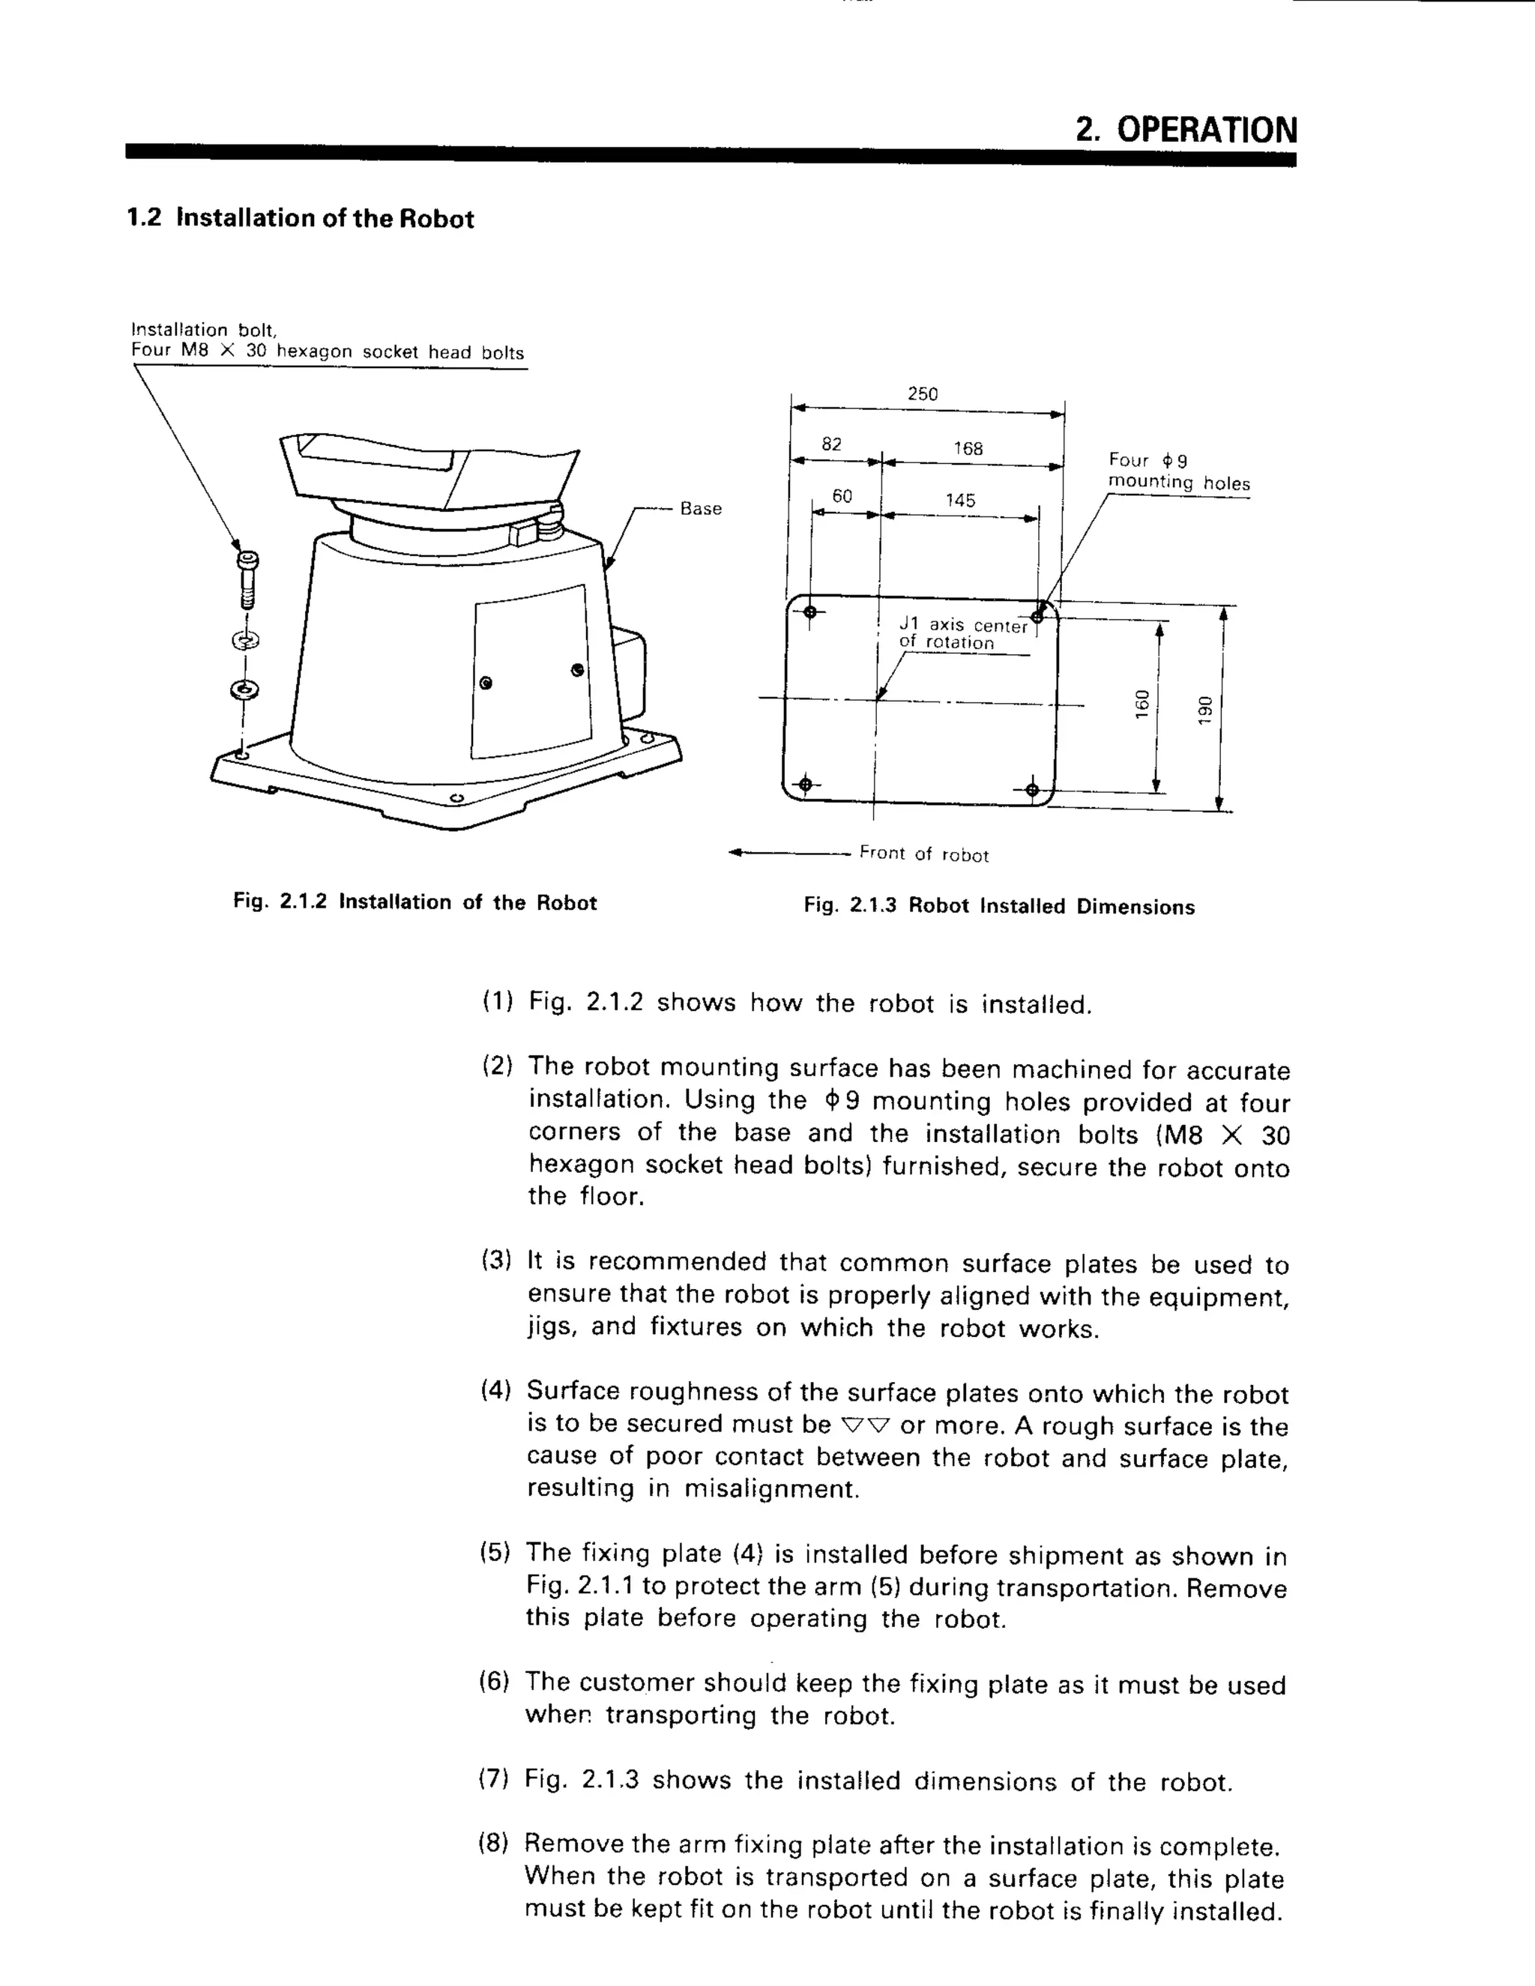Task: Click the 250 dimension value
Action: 922,393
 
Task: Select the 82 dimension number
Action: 831,444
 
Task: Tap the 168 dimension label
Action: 968,448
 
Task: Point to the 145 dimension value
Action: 959,500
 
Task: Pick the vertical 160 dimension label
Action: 1142,704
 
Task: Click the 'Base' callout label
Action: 700,509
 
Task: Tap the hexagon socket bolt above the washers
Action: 247,579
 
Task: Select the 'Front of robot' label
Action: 923,854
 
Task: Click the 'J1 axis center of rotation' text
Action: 962,634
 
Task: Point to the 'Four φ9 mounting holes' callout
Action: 1177,472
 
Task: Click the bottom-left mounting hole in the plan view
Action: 804,785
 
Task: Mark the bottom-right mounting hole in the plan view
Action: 1031,789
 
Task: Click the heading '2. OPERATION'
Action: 1186,130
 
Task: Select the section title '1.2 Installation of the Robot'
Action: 300,219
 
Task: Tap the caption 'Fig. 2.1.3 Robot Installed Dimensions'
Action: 998,907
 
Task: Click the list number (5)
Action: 495,1552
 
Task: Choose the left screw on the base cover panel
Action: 486,683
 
